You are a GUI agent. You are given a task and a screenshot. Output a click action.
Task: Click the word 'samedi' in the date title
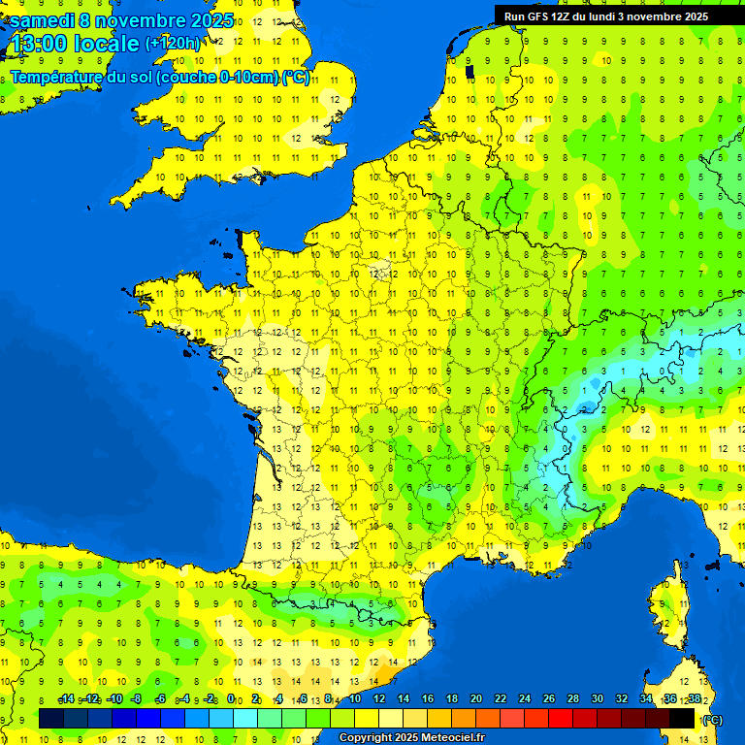pos(45,20)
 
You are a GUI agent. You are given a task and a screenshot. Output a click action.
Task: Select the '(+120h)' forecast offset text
pos(173,43)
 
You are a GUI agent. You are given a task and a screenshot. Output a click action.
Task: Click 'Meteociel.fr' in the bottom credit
pos(452,738)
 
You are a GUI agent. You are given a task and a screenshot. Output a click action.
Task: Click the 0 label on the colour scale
pos(231,699)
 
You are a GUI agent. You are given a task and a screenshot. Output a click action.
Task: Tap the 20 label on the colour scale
pos(475,699)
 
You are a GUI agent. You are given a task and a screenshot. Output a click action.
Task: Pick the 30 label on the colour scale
pos(598,699)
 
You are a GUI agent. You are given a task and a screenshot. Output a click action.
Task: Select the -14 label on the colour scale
pos(66,699)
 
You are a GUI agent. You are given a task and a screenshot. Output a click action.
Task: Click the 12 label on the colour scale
pos(378,699)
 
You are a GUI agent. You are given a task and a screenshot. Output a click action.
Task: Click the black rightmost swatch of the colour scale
pos(682,718)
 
